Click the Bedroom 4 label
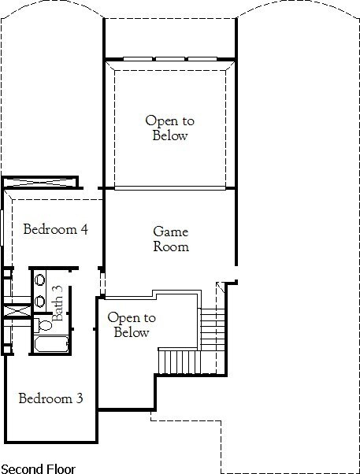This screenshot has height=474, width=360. (x=56, y=229)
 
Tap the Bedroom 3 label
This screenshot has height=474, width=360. (x=50, y=398)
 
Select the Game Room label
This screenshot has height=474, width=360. (x=171, y=239)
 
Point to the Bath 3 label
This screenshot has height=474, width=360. (x=58, y=303)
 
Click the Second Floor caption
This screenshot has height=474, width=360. (x=38, y=468)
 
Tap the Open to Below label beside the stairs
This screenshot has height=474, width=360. (x=132, y=324)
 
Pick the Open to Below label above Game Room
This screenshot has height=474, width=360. (x=169, y=128)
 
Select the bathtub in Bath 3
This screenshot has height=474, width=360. (x=51, y=344)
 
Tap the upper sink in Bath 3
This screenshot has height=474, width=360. (x=39, y=280)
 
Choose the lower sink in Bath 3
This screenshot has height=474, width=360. (x=39, y=302)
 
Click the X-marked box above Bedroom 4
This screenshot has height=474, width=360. (x=40, y=183)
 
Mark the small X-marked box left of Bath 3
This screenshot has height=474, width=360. (x=17, y=311)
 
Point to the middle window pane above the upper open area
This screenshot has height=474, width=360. (x=170, y=58)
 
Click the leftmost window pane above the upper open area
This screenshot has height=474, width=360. (x=138, y=58)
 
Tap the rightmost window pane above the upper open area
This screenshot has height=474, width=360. (x=202, y=58)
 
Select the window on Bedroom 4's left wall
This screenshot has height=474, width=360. (x=2, y=228)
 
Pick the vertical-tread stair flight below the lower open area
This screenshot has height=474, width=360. (x=180, y=361)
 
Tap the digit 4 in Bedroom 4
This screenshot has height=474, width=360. (x=84, y=229)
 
